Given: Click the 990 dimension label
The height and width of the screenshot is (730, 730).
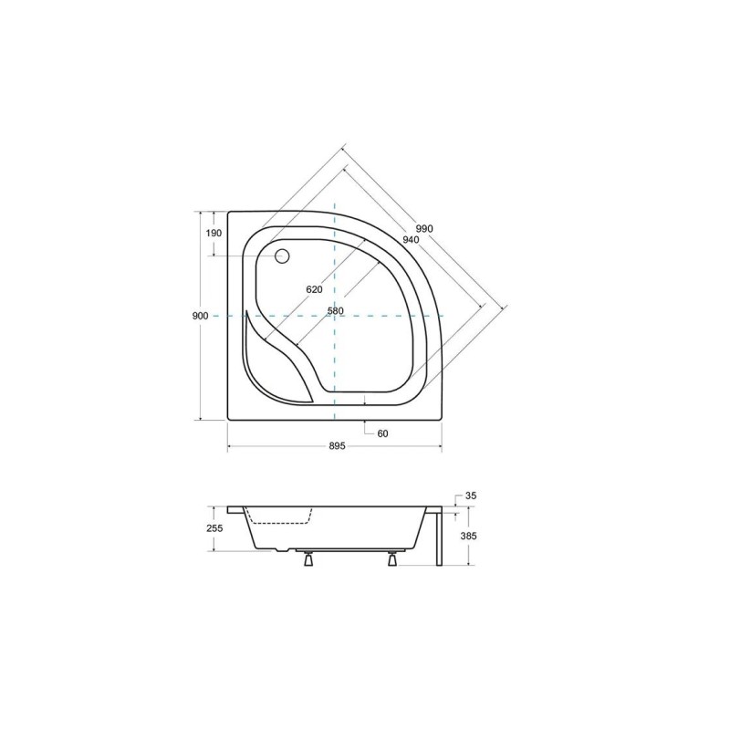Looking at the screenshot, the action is [x=424, y=229].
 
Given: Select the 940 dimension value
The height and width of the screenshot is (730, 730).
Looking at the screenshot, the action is [x=411, y=239].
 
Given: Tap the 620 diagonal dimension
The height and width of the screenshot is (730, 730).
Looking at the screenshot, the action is [x=314, y=289].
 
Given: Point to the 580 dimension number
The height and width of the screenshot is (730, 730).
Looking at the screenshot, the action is [x=335, y=310].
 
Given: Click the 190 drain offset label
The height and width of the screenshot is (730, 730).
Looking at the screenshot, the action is [x=214, y=233].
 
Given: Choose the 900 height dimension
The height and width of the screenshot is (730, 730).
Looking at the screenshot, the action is [x=200, y=316].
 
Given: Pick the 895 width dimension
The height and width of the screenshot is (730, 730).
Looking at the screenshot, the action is [x=337, y=446].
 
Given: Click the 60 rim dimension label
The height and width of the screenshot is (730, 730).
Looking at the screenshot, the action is [x=382, y=433].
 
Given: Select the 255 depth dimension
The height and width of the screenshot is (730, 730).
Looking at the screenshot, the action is [x=215, y=528].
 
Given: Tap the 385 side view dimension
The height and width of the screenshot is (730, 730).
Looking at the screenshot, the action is [x=468, y=536].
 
